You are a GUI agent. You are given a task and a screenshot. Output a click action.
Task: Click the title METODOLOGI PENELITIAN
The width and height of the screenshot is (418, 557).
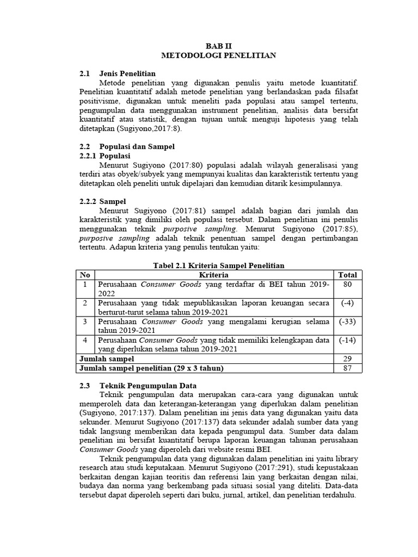click(218, 55)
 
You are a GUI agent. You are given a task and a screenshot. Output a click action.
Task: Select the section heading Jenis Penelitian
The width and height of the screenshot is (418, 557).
click(127, 73)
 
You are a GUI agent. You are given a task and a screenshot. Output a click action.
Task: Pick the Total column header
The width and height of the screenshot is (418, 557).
click(347, 275)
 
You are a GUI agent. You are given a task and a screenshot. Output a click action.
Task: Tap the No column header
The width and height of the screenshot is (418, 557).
click(84, 275)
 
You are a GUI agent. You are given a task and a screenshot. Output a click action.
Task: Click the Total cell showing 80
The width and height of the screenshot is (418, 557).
click(347, 284)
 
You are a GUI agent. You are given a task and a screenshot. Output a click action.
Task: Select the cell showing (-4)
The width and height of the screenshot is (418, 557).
click(347, 303)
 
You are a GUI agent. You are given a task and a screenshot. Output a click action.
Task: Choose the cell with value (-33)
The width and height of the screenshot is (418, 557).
click(347, 321)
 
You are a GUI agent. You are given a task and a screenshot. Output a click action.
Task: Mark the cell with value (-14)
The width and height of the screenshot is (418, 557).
click(347, 340)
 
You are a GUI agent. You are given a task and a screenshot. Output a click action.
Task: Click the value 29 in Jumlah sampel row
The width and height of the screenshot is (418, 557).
click(347, 359)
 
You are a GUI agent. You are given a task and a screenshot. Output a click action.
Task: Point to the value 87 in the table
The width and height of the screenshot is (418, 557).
click(347, 368)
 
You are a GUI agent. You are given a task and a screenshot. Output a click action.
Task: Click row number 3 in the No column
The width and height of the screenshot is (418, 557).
click(84, 321)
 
